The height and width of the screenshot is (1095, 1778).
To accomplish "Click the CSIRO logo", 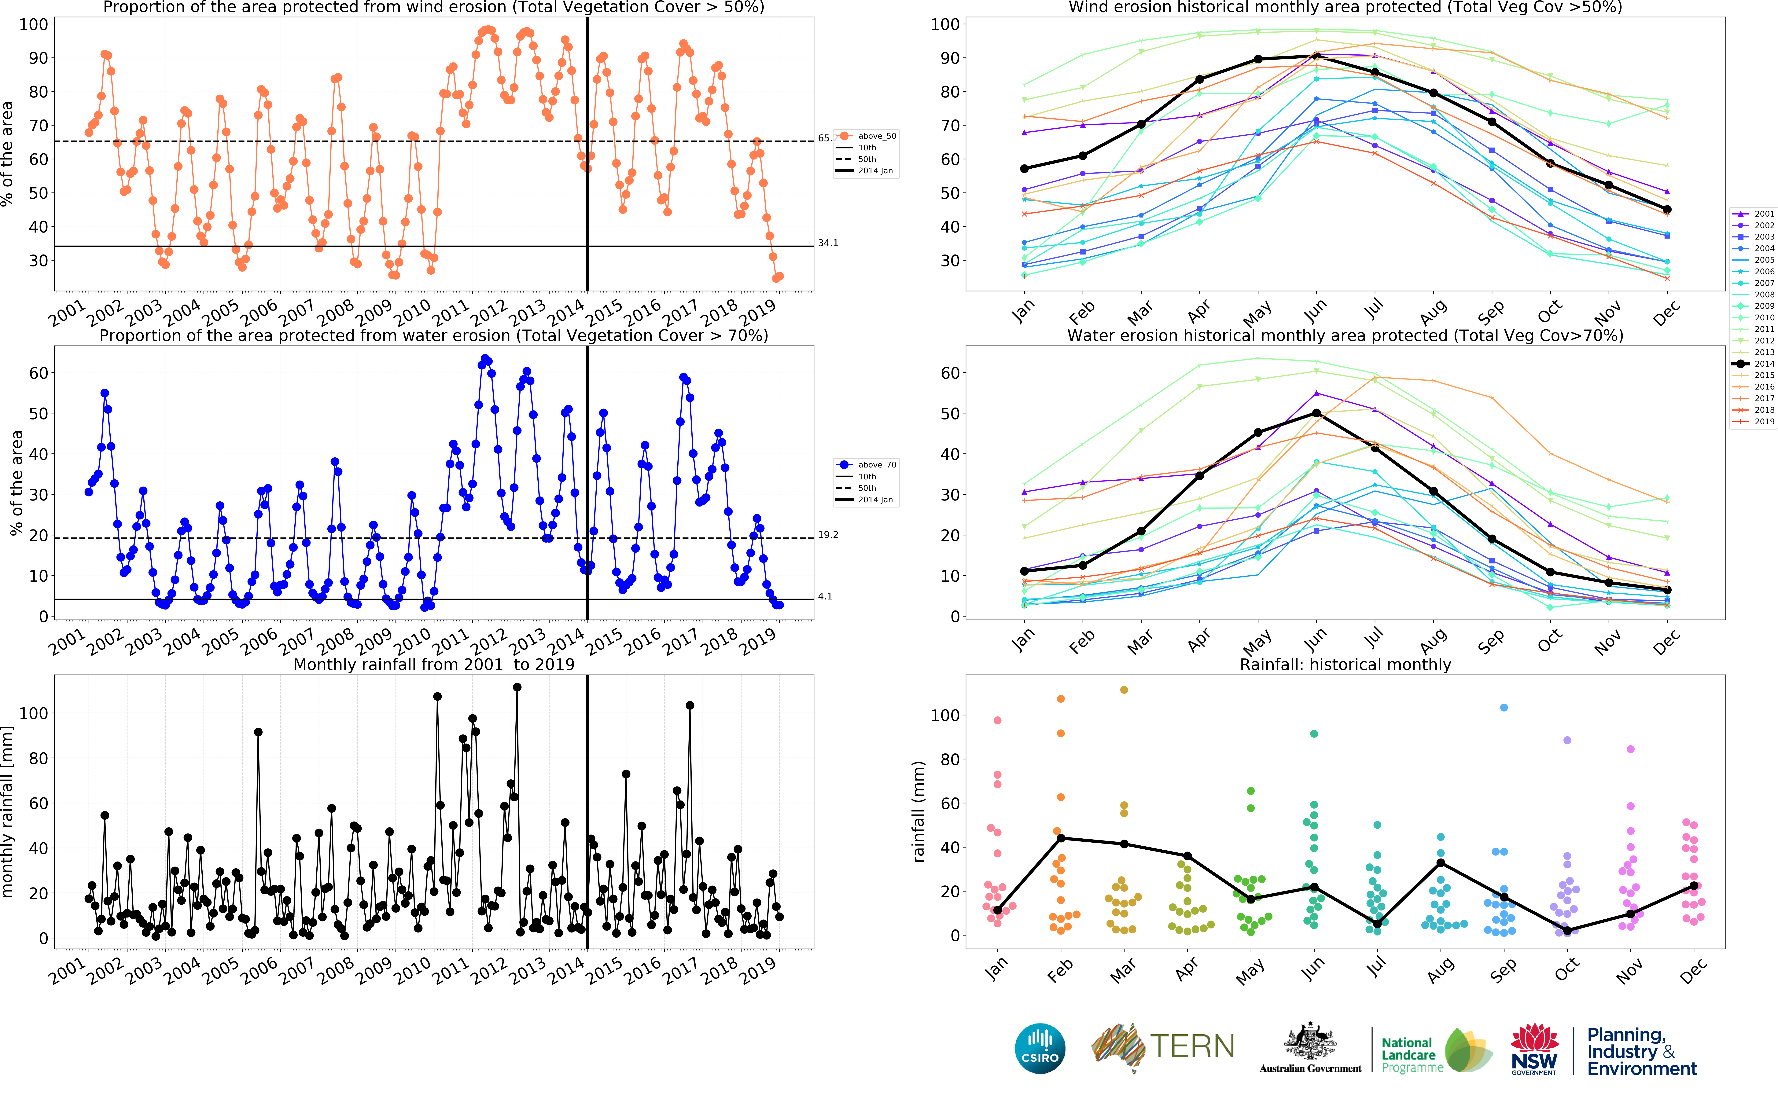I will tap(1040, 1048).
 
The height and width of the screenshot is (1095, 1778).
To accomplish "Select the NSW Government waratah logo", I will tap(1534, 1048).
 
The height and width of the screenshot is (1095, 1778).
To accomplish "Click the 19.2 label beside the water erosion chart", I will tap(828, 535).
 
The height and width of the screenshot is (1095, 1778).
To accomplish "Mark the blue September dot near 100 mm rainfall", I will tap(1504, 708).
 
